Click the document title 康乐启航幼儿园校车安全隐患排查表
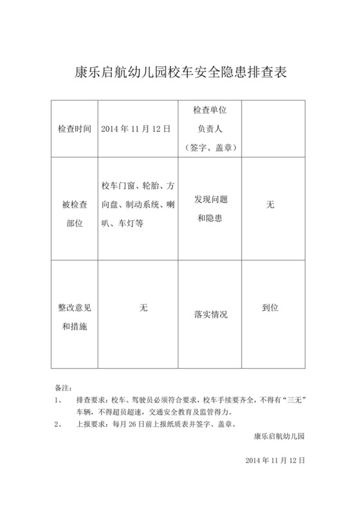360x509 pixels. (x=180, y=72)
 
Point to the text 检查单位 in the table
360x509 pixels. (x=210, y=111)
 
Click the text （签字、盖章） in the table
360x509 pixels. (x=210, y=147)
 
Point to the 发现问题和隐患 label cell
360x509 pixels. (x=210, y=208)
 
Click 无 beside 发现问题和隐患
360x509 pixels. (x=270, y=205)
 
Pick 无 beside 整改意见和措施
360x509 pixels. (x=143, y=308)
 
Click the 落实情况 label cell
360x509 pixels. (x=210, y=315)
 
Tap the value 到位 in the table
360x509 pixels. (x=270, y=308)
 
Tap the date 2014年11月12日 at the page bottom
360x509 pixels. (x=275, y=461)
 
